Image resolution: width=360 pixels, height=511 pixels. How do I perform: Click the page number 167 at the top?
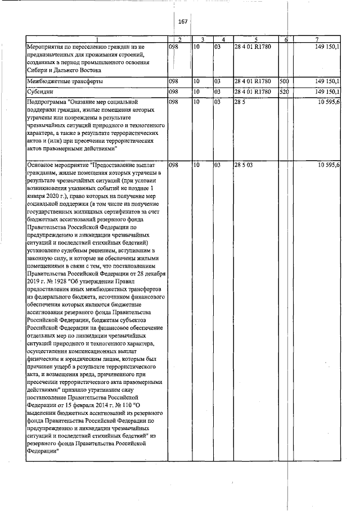[182, 21]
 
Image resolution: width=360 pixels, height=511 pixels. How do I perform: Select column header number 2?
[179, 39]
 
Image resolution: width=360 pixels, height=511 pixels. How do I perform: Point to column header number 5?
[255, 39]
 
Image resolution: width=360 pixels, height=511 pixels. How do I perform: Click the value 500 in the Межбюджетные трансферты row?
[284, 82]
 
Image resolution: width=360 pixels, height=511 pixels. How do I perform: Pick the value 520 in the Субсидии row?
[284, 91]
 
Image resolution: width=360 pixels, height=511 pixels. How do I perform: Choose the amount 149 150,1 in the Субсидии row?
[326, 91]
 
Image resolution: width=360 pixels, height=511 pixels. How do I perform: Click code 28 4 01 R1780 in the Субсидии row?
[253, 91]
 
